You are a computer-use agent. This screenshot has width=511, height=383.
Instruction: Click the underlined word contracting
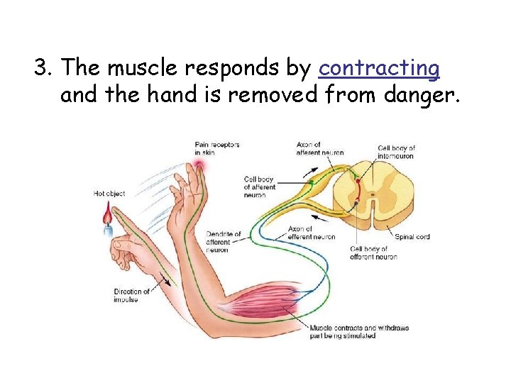tap(379, 68)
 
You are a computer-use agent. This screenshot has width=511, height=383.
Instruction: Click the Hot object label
tap(109, 194)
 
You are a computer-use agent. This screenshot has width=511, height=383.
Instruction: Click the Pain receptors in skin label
tap(216, 148)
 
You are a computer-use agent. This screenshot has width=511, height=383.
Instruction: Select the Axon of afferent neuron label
tap(320, 148)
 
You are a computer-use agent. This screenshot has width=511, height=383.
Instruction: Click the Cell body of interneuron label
tap(397, 152)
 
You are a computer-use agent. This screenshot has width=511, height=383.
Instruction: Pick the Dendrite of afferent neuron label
tap(224, 242)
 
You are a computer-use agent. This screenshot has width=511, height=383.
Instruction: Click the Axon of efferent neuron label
tap(312, 233)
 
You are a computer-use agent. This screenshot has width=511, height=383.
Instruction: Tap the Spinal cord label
tap(412, 237)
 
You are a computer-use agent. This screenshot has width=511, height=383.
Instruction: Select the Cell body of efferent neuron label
tap(373, 252)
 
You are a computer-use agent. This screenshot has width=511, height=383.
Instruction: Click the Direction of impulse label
tap(132, 295)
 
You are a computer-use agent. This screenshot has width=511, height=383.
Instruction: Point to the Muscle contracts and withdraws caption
tap(358, 331)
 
